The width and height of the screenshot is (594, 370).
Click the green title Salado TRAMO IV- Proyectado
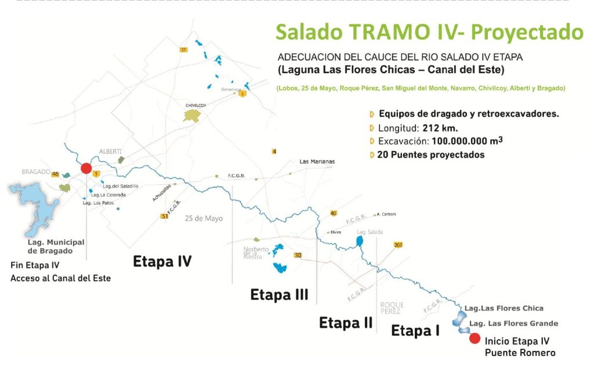pos(429,32)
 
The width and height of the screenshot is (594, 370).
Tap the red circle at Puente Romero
pos(475,339)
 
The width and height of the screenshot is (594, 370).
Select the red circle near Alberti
pos(86,168)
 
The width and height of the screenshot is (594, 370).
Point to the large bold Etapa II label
pos(346,322)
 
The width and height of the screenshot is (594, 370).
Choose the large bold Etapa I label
pos(415,331)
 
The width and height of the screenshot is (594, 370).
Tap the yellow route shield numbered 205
pos(398,244)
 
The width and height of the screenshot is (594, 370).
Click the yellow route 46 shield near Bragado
pos(56,173)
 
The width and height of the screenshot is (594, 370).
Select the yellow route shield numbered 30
pos(298,255)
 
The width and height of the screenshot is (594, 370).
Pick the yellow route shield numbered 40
pos(333,213)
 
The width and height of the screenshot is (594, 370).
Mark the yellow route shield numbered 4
pos(274,151)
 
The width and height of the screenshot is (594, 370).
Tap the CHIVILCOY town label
pos(196,105)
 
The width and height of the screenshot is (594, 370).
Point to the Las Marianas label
pos(317,161)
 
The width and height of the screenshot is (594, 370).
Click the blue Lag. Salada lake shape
pos(360,241)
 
